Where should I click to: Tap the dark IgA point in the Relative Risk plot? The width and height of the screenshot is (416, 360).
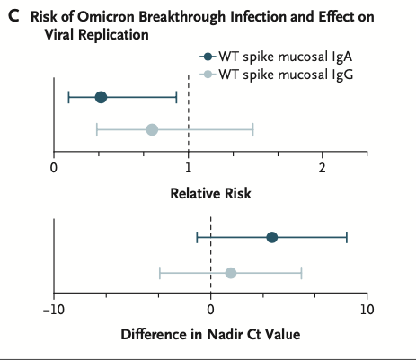pyautogui.click(x=101, y=97)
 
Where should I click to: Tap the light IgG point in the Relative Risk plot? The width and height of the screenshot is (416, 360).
pyautogui.click(x=152, y=130)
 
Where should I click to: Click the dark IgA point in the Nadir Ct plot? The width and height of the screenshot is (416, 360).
pyautogui.click(x=272, y=237)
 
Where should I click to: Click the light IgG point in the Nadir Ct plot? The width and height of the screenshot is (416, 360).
pyautogui.click(x=231, y=273)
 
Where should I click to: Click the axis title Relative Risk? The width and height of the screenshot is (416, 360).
pyautogui.click(x=211, y=193)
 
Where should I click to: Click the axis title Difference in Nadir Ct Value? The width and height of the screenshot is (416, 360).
pyautogui.click(x=210, y=335)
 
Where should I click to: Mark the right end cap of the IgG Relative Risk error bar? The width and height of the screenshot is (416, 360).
pyautogui.click(x=253, y=130)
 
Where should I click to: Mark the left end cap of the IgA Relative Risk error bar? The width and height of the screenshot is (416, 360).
pyautogui.click(x=68, y=97)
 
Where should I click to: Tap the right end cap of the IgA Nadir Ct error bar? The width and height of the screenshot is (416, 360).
pyautogui.click(x=347, y=237)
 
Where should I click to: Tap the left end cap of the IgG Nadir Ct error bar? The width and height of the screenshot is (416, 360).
pyautogui.click(x=160, y=273)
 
